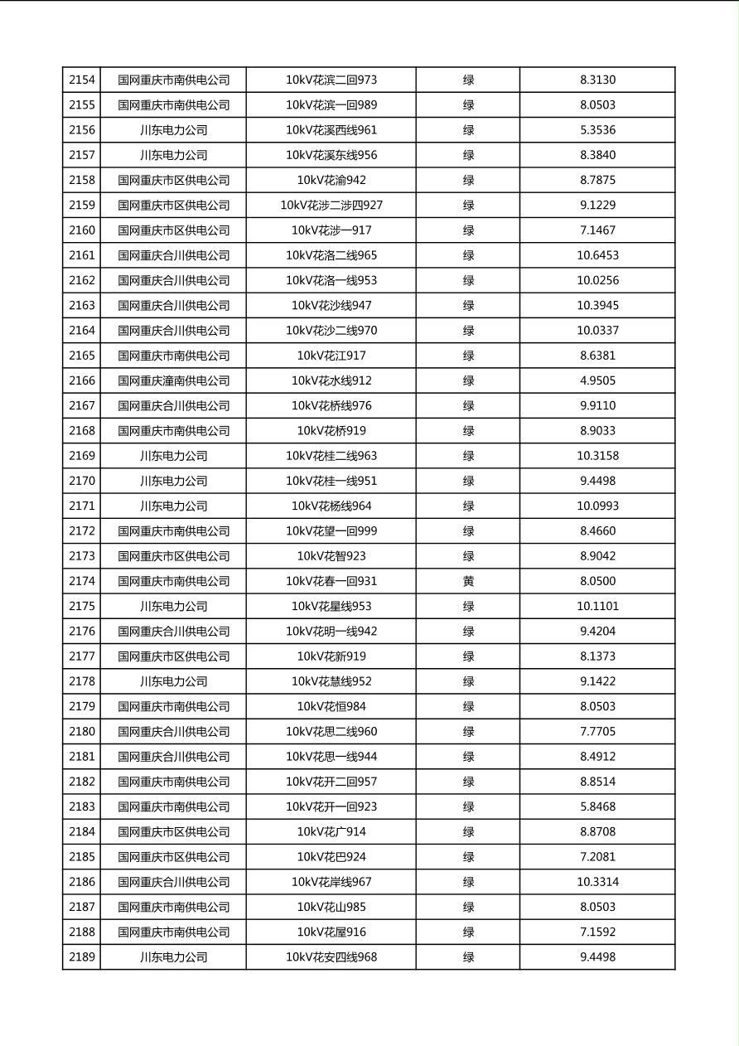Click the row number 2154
point(82,80)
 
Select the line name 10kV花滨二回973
point(331,80)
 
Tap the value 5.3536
point(597,130)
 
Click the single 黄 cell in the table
point(468,581)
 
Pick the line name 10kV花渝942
point(331,180)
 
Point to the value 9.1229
point(597,206)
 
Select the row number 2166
point(82,380)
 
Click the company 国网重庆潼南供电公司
point(173,380)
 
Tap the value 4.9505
point(597,380)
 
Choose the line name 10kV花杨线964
point(331,506)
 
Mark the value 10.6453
point(597,255)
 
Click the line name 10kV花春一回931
point(331,581)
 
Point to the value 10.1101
point(597,606)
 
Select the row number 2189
point(82,956)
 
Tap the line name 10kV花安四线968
point(331,956)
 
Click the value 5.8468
point(597,806)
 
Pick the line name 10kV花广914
point(331,831)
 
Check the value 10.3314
point(597,882)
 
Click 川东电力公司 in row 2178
point(173,681)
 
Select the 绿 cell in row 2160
point(468,230)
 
